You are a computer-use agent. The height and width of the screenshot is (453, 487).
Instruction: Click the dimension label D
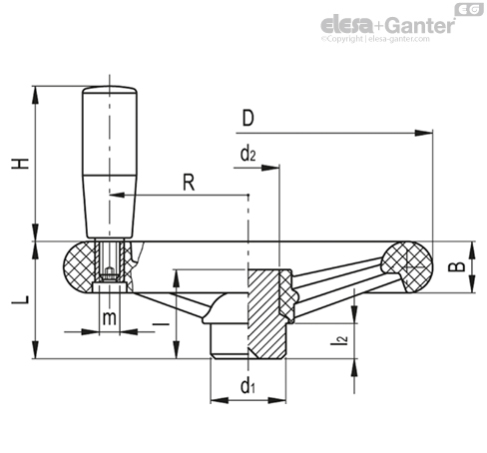coord(248,118)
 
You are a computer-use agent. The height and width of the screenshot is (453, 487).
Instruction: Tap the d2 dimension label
coord(248,154)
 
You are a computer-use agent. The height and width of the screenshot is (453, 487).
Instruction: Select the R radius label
coord(189,183)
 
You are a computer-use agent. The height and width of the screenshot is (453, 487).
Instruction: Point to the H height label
coord(21,164)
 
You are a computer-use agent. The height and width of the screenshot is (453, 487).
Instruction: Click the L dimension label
coord(21,299)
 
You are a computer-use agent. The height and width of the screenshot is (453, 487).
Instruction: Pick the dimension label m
coord(110,318)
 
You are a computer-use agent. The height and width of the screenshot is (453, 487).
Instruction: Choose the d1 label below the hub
coord(247,386)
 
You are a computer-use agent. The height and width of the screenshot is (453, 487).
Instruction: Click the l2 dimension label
coord(339,339)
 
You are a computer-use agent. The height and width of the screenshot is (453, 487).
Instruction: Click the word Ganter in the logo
coord(421,25)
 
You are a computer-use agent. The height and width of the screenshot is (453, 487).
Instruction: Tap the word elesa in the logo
coord(347,25)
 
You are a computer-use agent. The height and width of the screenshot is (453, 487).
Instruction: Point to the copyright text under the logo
coord(375,39)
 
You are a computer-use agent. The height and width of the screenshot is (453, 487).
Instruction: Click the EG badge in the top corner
coord(469,9)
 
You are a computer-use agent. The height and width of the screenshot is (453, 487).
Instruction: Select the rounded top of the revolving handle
coord(110,90)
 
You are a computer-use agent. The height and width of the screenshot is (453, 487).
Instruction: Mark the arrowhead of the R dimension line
coord(117,195)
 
